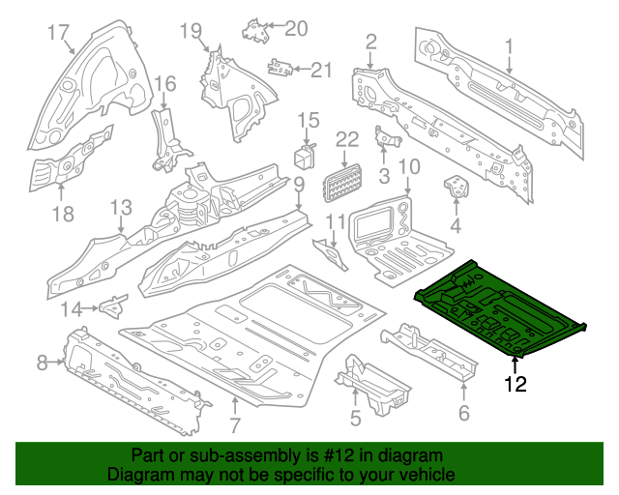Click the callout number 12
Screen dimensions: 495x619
[515, 385]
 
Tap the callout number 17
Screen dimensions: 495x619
[59, 33]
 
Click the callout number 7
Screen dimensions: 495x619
[234, 426]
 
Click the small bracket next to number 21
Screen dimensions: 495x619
[281, 68]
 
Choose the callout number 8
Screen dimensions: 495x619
[42, 363]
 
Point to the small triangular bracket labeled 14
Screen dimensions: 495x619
[113, 306]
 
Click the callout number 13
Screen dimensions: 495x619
[120, 208]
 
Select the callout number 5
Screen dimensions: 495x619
[355, 418]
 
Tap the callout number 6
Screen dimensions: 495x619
[463, 415]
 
